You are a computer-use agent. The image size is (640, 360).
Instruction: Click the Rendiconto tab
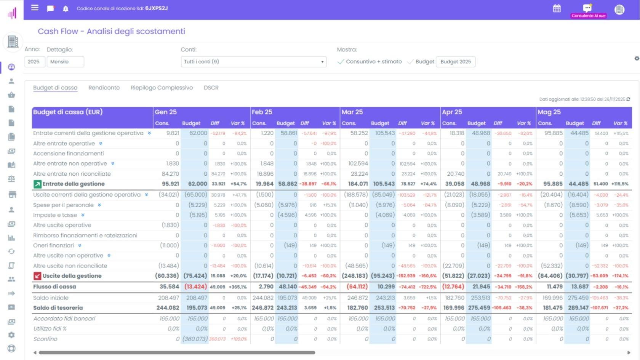(x=104, y=88)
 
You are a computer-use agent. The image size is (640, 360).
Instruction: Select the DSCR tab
(x=211, y=88)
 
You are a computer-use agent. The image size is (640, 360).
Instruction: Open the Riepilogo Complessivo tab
(x=162, y=88)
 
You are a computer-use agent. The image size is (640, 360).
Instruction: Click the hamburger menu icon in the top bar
(x=35, y=8)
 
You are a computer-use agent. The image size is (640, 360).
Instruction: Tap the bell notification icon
(x=66, y=9)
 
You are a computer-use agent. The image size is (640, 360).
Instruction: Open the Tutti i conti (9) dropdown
(x=253, y=62)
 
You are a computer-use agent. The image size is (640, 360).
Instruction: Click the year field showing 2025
(x=34, y=62)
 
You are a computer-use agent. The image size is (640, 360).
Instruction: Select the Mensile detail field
(x=65, y=62)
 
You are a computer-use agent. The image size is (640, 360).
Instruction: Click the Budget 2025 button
(x=456, y=62)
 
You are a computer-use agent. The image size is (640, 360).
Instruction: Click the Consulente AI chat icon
(x=587, y=8)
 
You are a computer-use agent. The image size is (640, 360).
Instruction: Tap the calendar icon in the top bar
(x=557, y=8)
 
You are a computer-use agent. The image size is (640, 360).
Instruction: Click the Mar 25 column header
(x=352, y=112)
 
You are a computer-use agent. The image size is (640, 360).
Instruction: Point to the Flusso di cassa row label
(x=54, y=286)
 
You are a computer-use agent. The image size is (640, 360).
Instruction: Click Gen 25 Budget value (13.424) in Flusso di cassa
(x=195, y=286)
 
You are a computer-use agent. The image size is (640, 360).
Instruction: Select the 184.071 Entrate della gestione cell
(x=358, y=184)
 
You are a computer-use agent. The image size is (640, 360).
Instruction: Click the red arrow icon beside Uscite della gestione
(x=37, y=276)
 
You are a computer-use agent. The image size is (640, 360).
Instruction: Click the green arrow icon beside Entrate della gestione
(x=37, y=184)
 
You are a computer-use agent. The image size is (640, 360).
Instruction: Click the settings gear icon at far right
(x=637, y=58)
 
